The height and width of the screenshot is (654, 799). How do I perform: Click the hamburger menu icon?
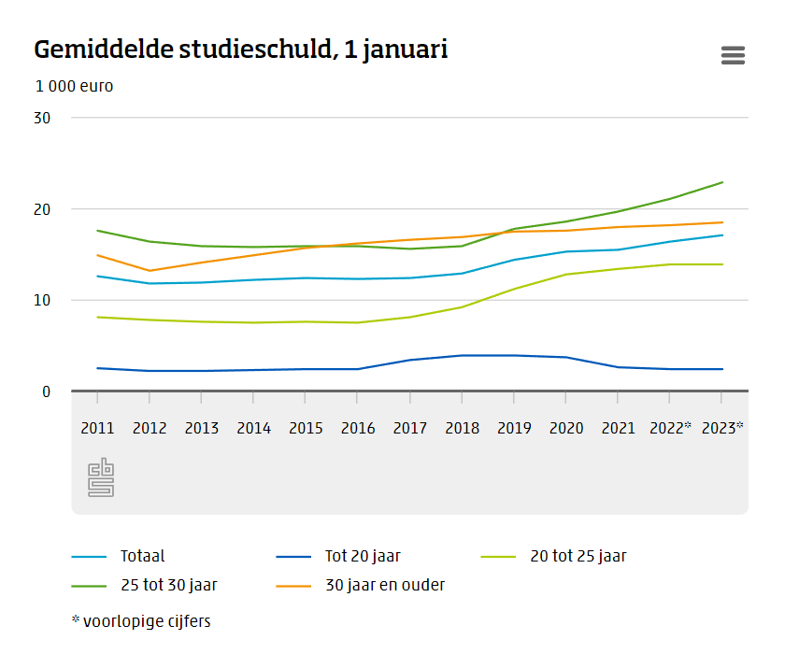point(733,55)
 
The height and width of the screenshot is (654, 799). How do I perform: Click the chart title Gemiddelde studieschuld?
point(240,50)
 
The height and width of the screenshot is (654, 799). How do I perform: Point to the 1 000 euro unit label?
point(75,86)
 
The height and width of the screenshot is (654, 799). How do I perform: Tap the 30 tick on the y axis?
point(42,118)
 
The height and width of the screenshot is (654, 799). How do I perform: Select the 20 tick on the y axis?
point(42,209)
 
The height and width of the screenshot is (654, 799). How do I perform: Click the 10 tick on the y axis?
point(42,300)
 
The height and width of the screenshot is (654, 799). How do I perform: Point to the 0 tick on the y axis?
point(46,391)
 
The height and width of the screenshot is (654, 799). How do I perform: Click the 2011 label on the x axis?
point(97,428)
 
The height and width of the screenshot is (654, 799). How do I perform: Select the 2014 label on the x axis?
point(253,428)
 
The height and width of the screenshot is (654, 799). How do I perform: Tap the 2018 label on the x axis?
point(462,428)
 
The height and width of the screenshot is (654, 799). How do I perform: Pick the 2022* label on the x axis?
point(670,428)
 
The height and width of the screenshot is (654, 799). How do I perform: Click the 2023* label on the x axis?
point(722,428)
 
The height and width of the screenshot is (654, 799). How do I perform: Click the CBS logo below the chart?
point(101,477)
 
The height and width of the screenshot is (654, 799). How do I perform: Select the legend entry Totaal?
point(142,556)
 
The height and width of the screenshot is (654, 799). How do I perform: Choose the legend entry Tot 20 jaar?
point(363,556)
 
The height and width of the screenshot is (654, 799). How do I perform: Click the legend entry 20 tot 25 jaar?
point(578,556)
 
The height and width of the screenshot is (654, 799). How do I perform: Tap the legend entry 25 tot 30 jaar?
point(168,586)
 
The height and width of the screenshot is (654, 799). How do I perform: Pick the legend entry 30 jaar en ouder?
point(384,586)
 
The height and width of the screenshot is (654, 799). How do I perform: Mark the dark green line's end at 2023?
point(722,182)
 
